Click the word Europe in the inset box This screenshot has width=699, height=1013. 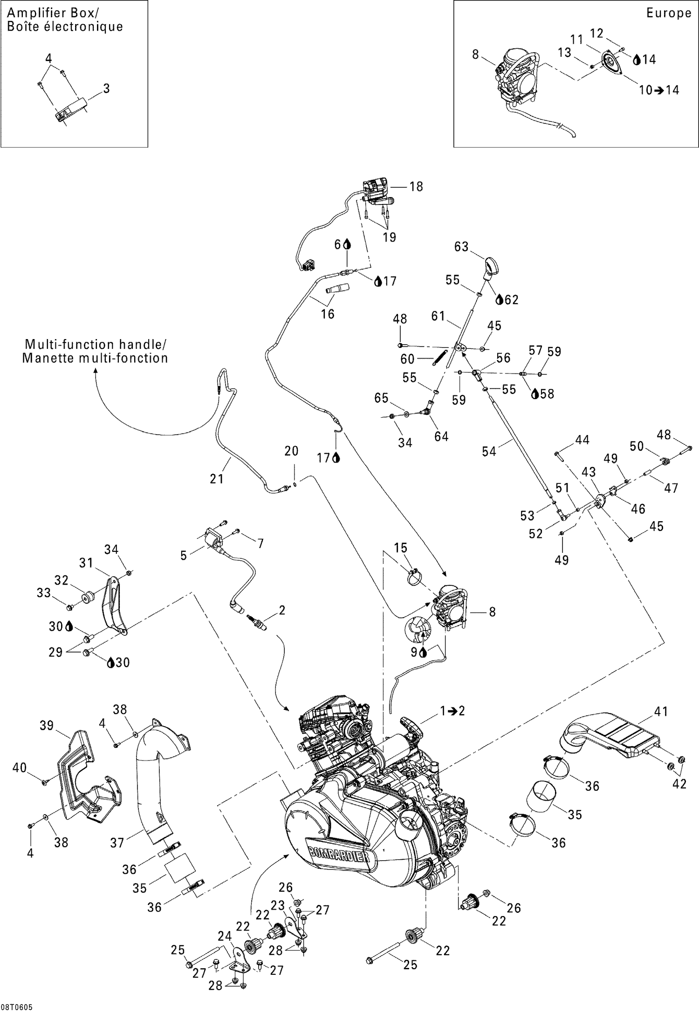(668, 13)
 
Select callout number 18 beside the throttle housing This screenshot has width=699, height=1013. (416, 187)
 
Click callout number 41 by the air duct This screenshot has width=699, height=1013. (661, 711)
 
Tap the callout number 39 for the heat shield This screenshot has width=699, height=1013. (46, 725)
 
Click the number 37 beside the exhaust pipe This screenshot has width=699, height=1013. (117, 842)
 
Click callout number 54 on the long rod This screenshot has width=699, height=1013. (488, 451)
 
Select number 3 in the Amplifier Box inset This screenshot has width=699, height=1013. (106, 88)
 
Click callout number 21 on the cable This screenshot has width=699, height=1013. (217, 478)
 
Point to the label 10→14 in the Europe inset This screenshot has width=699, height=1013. (658, 90)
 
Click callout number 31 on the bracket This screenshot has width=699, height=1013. (86, 563)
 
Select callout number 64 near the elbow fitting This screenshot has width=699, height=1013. (441, 436)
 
